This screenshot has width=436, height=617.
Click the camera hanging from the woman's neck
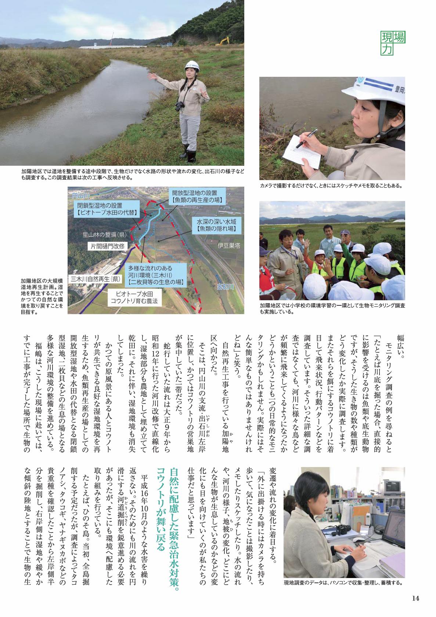point(180,107)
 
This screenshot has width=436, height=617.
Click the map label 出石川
point(225,287)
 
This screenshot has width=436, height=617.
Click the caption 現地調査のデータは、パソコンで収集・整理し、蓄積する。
point(343,583)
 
